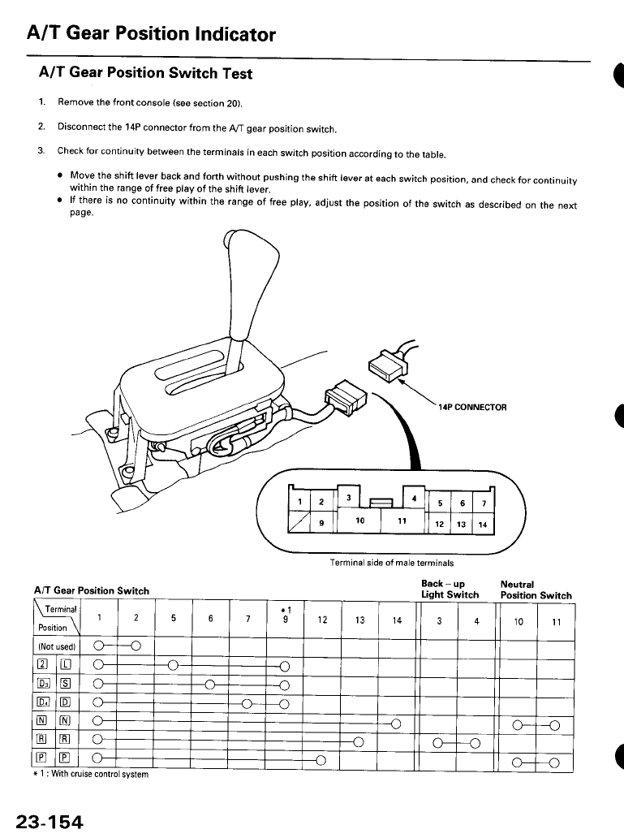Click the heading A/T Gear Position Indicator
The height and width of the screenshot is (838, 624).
pyautogui.click(x=151, y=34)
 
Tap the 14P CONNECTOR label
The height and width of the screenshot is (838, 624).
pyautogui.click(x=472, y=407)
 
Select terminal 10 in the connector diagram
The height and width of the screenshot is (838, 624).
pyautogui.click(x=359, y=519)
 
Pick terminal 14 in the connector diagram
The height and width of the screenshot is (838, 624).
pyautogui.click(x=482, y=524)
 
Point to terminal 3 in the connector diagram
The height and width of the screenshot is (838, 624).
pyautogui.click(x=347, y=496)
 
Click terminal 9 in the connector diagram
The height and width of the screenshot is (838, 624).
pyautogui.click(x=322, y=523)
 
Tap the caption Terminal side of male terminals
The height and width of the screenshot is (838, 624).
pyautogui.click(x=391, y=562)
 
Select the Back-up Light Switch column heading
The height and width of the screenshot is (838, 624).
pyautogui.click(x=450, y=590)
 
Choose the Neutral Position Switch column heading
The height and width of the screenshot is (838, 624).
pyautogui.click(x=536, y=590)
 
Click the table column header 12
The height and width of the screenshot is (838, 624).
pyautogui.click(x=322, y=621)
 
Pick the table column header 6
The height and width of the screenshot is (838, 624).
pyautogui.click(x=210, y=621)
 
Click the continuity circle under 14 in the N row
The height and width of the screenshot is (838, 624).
pyautogui.click(x=396, y=724)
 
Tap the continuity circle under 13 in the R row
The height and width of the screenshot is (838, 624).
pyautogui.click(x=358, y=742)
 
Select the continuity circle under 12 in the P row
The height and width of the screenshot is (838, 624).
pyautogui.click(x=321, y=760)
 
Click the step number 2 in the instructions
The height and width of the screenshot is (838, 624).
pyautogui.click(x=41, y=127)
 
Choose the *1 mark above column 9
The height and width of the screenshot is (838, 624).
pyautogui.click(x=284, y=609)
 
